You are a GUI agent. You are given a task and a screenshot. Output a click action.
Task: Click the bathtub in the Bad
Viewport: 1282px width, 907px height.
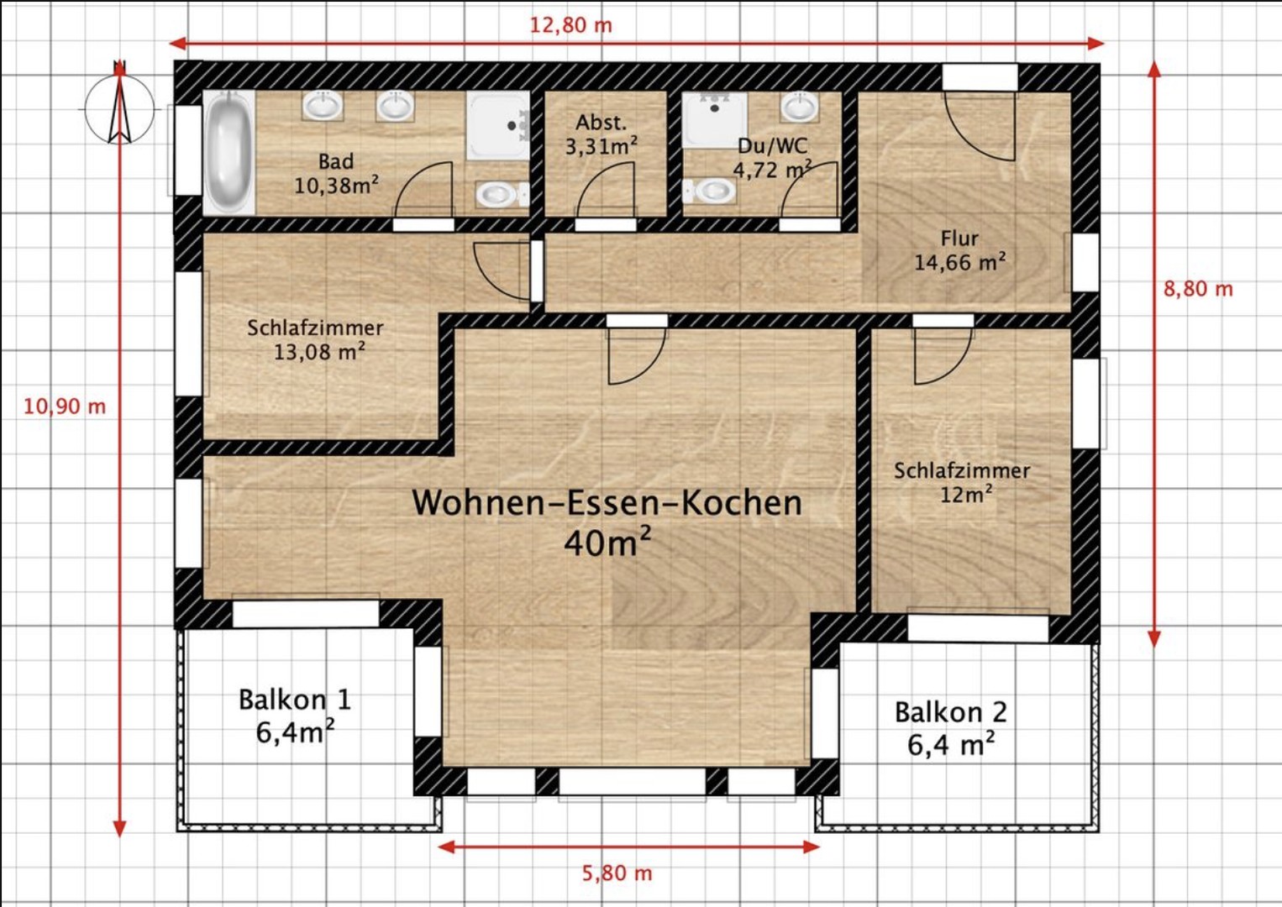(229, 153)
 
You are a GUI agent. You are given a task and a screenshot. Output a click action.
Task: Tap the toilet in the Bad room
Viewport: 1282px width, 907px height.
(498, 195)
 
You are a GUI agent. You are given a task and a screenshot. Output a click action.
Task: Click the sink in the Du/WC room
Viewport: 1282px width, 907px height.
(799, 107)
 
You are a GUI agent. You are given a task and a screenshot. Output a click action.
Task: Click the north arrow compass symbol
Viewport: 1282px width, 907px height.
(120, 108)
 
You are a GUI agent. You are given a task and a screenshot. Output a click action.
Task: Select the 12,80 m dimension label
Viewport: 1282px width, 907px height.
(570, 24)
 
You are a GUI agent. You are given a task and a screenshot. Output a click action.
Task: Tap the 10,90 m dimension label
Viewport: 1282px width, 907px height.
(65, 406)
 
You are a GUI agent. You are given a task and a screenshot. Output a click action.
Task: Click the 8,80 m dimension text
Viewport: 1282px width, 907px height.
(1198, 289)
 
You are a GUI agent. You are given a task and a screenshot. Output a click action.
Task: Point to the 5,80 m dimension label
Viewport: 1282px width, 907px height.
(617, 873)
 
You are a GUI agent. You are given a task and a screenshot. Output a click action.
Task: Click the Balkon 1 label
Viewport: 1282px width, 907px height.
(294, 700)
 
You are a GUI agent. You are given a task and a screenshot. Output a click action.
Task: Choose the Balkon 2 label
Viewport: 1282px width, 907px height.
(950, 712)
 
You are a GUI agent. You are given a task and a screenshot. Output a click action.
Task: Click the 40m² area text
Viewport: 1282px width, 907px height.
(607, 543)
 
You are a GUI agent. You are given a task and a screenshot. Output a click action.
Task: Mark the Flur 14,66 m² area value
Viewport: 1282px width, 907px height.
(959, 263)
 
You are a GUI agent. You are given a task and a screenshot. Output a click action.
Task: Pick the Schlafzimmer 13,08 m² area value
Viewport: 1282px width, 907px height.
(319, 352)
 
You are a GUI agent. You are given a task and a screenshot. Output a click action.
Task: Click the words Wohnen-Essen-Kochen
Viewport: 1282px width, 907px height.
(607, 503)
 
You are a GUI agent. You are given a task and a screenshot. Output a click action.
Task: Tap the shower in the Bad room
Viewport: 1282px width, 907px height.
(497, 125)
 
